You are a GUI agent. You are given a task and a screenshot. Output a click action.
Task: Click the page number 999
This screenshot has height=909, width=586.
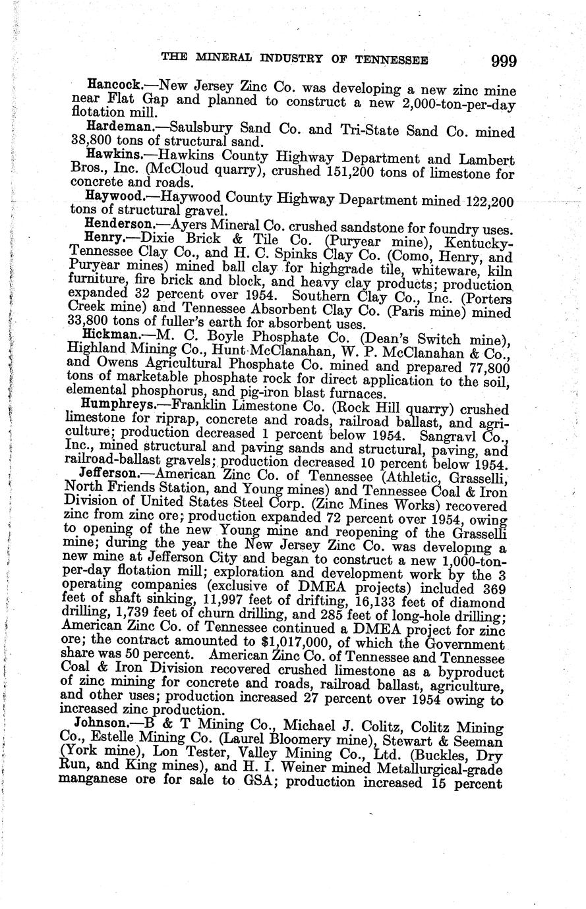[x=503, y=61]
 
